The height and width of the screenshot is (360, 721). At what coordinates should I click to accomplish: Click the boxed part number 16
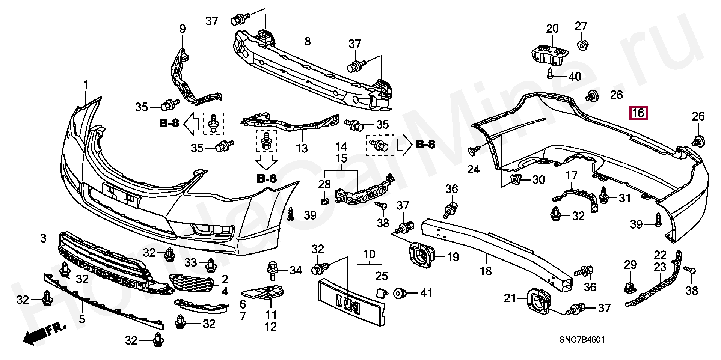[x=638, y=113]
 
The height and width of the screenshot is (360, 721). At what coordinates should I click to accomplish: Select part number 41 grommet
[x=399, y=293]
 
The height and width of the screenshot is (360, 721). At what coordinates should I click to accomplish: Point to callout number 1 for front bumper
[x=86, y=85]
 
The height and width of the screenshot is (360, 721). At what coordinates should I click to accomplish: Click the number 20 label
[x=552, y=29]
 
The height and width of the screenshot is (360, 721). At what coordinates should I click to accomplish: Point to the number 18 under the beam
[x=486, y=271]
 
